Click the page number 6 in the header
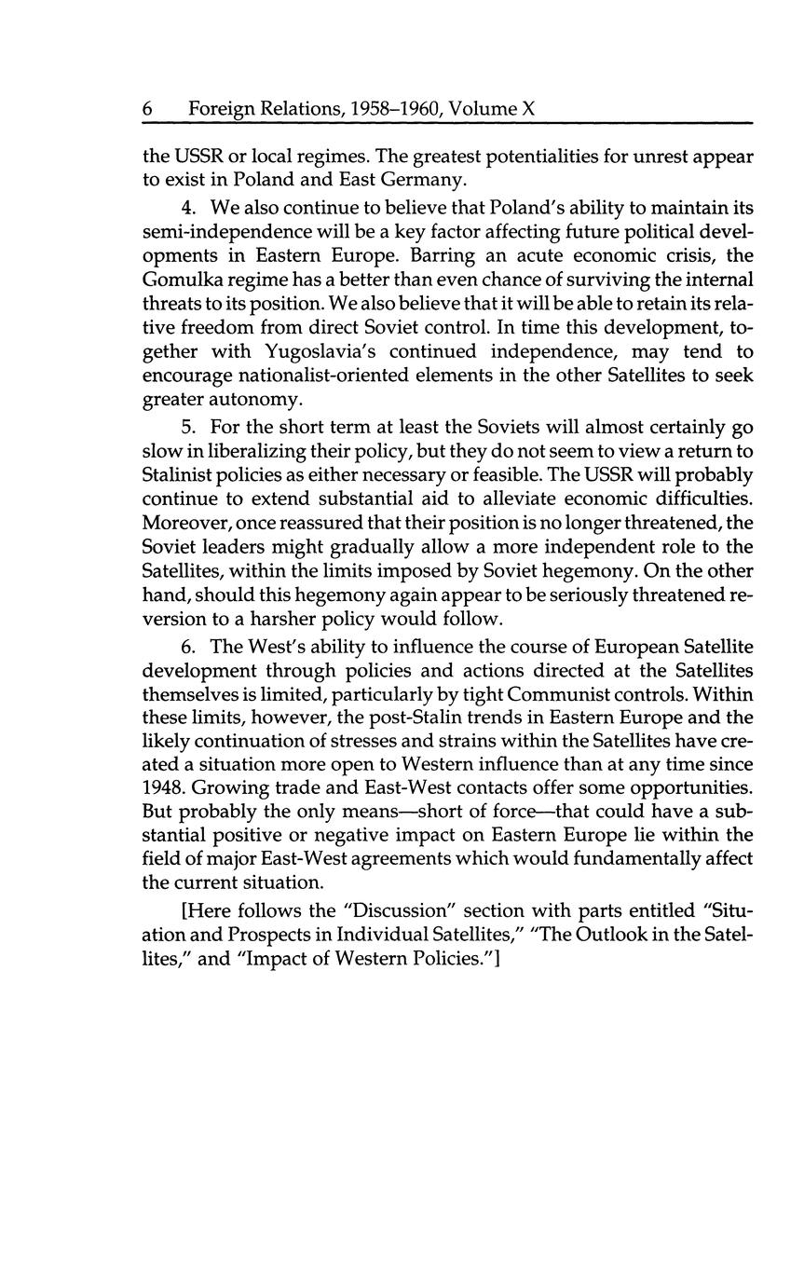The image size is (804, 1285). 148,109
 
